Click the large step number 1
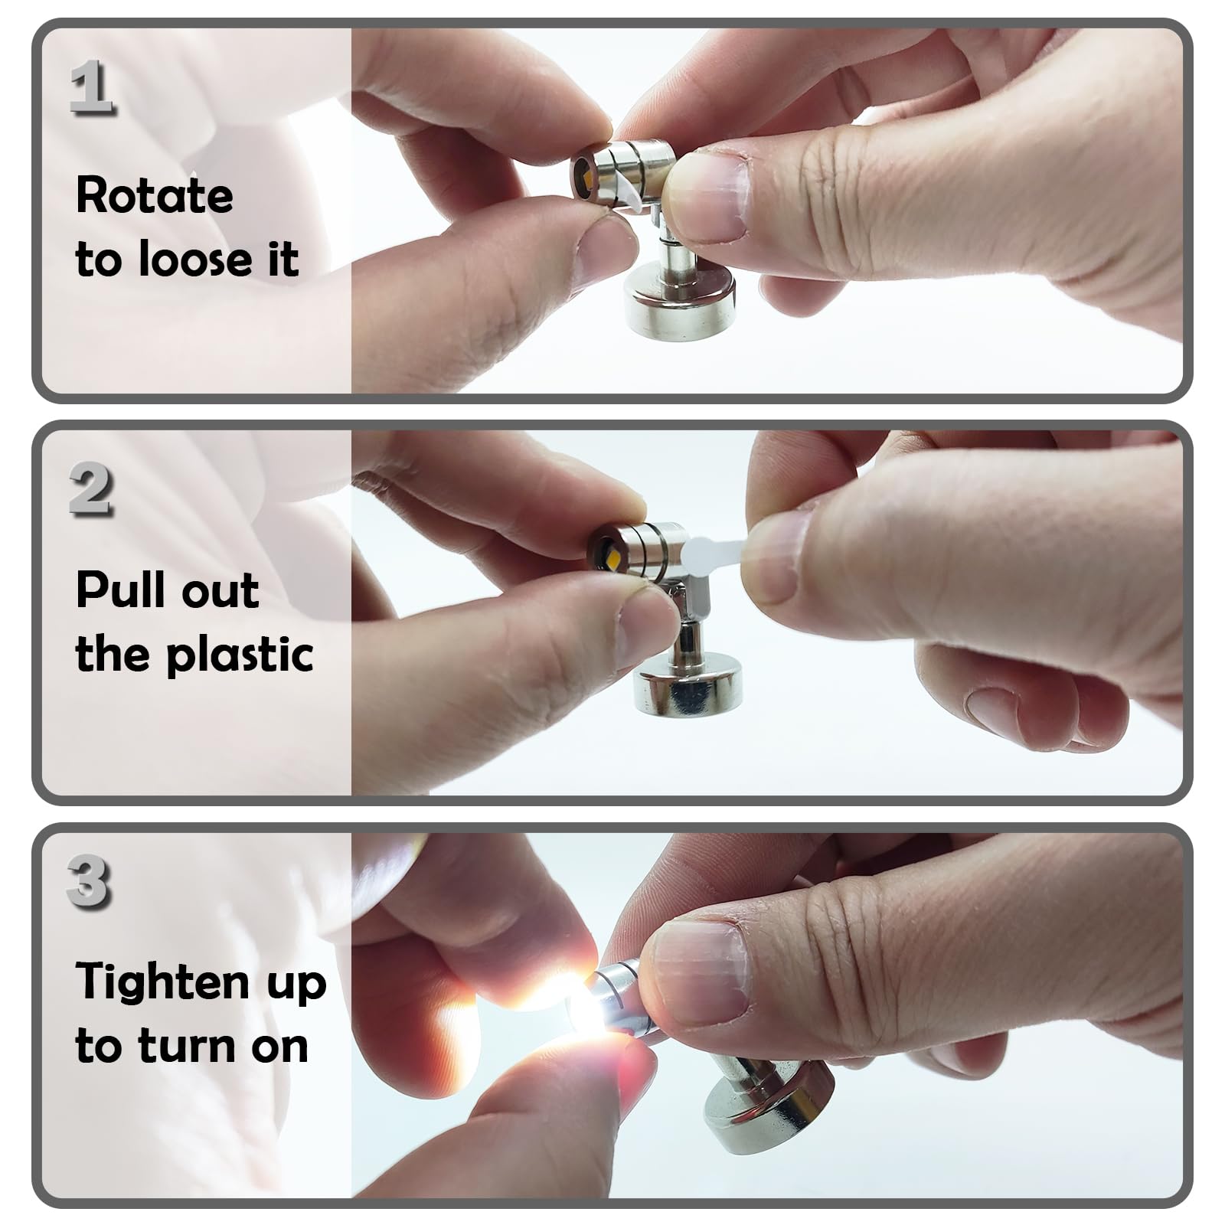pyautogui.click(x=92, y=88)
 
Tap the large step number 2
pyautogui.click(x=92, y=490)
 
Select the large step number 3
pyautogui.click(x=90, y=882)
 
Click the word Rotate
pyautogui.click(x=155, y=196)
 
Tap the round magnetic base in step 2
pyautogui.click(x=689, y=689)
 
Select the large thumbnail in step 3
pyautogui.click(x=701, y=972)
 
